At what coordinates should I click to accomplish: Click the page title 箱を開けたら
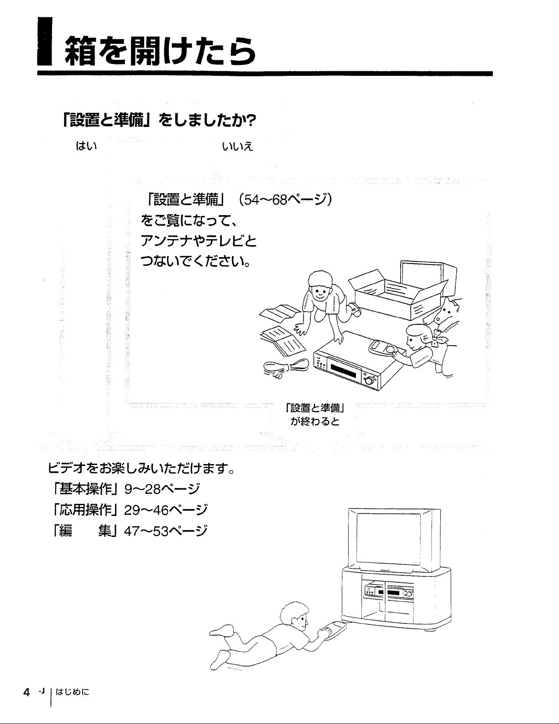pos(160,51)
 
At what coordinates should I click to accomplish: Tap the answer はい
pos(87,146)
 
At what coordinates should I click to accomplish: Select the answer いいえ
pos(238,146)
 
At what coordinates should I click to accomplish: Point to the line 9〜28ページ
pos(162,489)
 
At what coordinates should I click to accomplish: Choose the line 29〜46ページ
pos(166,510)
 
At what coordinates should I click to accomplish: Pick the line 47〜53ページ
pos(166,531)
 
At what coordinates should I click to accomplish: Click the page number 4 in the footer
pos(26,692)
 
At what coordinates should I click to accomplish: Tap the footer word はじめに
pos(73,692)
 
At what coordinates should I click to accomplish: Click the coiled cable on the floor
pos(286,368)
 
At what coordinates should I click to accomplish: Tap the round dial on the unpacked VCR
pos(369,380)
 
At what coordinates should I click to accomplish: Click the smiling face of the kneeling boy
pos(320,292)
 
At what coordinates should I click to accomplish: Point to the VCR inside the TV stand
pos(389,592)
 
